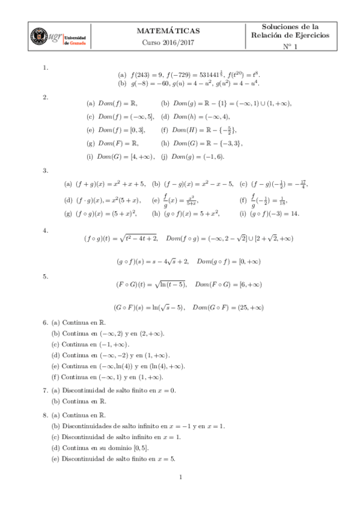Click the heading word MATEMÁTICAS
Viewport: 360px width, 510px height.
(168, 30)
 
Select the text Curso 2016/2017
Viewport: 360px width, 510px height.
(168, 42)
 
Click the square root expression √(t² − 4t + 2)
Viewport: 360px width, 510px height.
(139, 239)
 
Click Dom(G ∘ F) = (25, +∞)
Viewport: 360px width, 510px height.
(228, 307)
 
